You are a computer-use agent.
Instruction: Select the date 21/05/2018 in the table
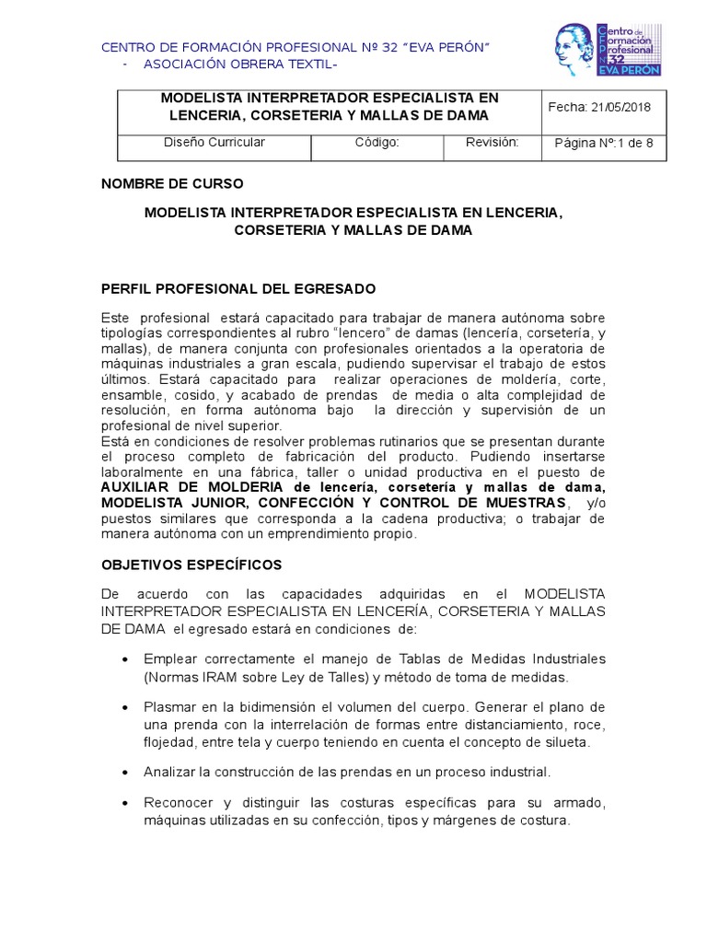620,108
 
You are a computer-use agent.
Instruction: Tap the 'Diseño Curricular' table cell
214,143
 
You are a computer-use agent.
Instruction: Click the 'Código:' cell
377,143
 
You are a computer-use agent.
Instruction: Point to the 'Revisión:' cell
493,143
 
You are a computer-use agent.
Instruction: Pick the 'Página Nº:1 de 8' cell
603,144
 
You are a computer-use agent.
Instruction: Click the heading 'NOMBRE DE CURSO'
172,184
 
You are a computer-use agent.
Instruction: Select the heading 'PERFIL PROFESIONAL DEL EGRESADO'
238,288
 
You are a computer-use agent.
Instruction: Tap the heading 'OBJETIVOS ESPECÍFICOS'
191,565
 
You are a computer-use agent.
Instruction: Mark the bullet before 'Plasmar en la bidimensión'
125,708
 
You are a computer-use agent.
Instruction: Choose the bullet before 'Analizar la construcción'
125,772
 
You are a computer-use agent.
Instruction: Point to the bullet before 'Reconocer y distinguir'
125,804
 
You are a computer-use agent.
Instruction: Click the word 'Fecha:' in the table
566,108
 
